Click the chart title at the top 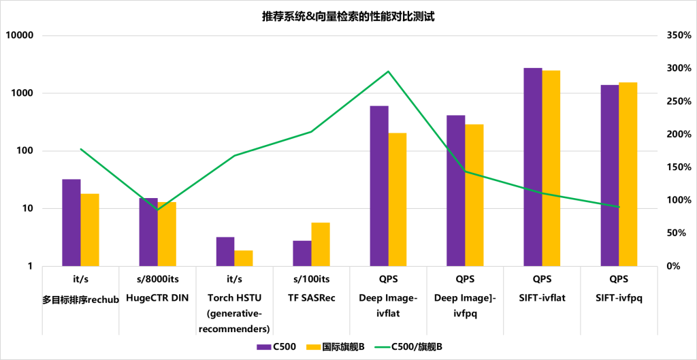(x=348, y=16)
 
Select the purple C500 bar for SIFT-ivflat (x=533, y=167)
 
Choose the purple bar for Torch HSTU (x=225, y=251)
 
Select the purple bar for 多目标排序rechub (x=71, y=223)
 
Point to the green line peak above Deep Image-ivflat (x=388, y=71)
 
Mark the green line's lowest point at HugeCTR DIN (x=158, y=210)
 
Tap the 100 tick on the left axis (x=26, y=151)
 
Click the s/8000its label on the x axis (x=158, y=279)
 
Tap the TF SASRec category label (x=311, y=297)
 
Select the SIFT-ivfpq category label (x=619, y=297)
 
